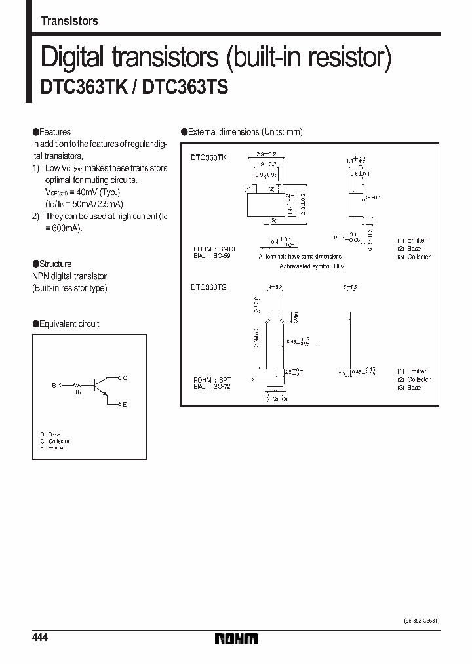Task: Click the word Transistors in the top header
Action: click(69, 21)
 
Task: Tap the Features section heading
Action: click(55, 132)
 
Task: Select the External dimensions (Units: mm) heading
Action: click(246, 132)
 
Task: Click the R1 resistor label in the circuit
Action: click(78, 392)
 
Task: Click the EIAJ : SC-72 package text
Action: click(212, 387)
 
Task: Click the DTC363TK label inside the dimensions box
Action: click(208, 158)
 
